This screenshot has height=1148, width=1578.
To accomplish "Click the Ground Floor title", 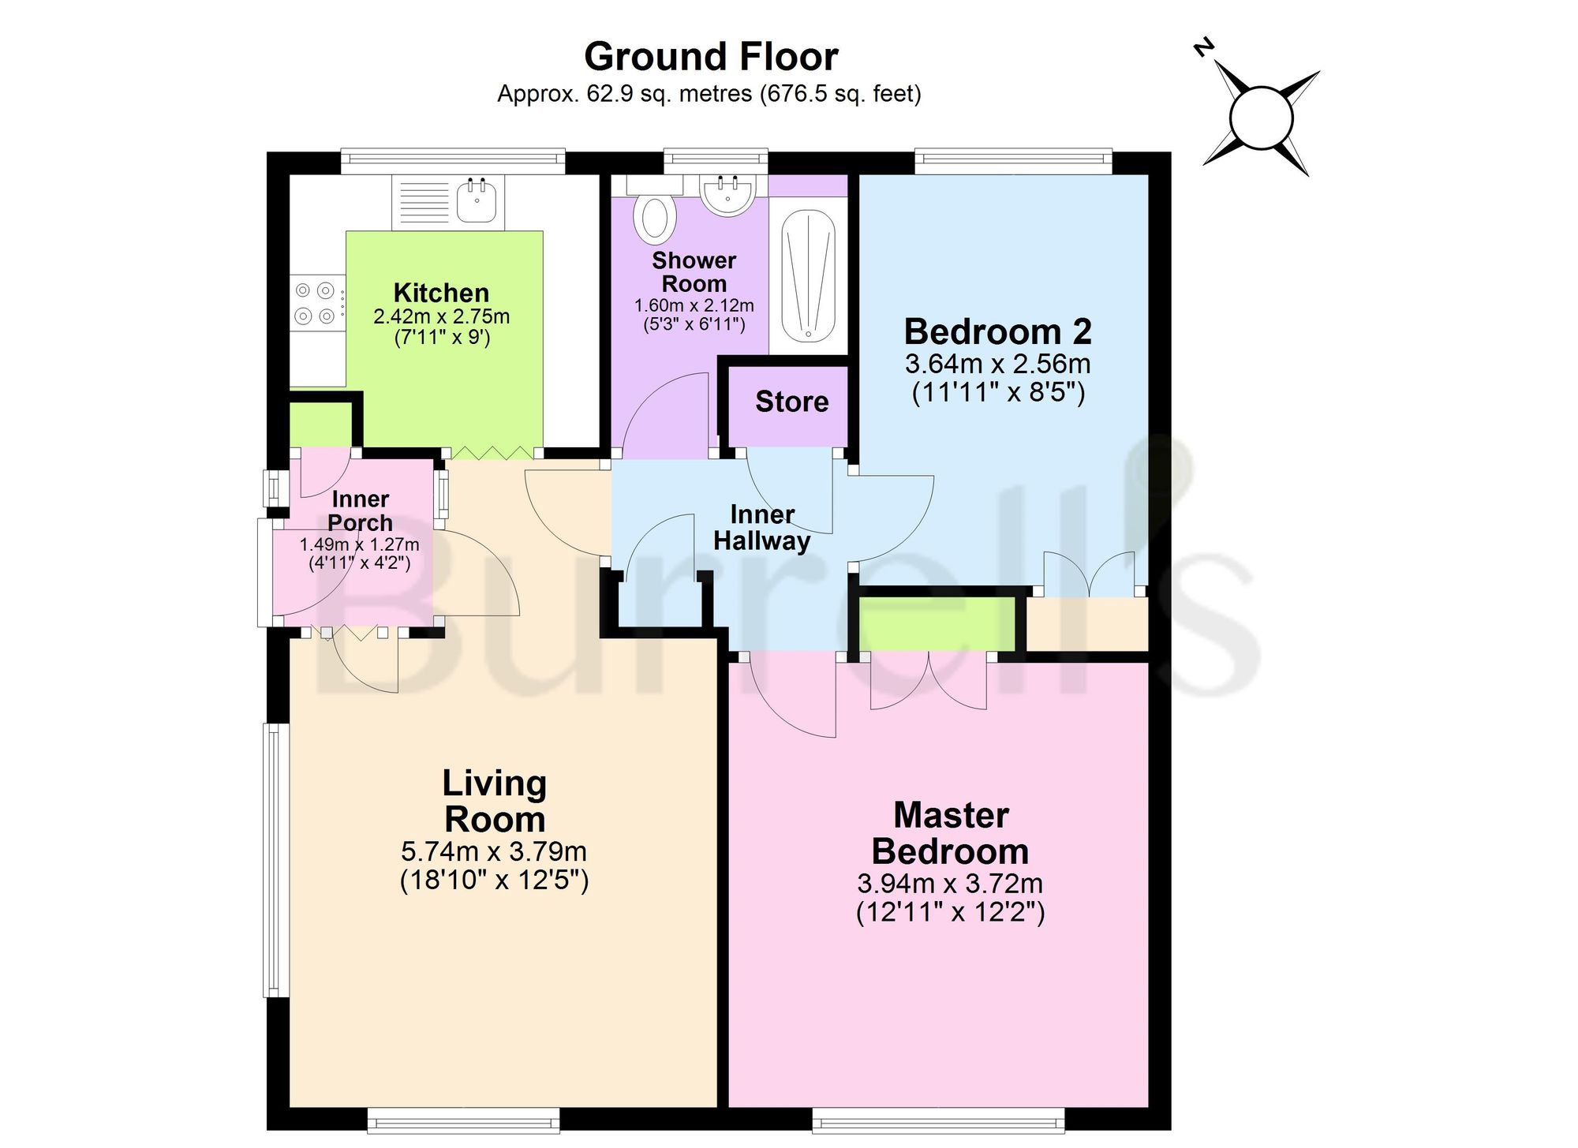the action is [711, 57].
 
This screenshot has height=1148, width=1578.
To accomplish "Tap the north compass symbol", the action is [1261, 118].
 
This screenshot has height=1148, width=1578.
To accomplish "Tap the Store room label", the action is [792, 402].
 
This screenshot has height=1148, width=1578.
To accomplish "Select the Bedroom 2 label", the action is [998, 331].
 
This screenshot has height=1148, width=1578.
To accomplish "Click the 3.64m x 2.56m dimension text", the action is [998, 364].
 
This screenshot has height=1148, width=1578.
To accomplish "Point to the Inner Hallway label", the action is [762, 527].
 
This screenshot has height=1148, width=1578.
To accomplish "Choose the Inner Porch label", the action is [360, 510].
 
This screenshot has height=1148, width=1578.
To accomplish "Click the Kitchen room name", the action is [441, 293].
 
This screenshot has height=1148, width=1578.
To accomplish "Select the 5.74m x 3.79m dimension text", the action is [494, 852].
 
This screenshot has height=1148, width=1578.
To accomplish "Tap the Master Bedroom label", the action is [951, 833].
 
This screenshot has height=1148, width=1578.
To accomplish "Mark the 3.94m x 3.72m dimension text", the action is [951, 884].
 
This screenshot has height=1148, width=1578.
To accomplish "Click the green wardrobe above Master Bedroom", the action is [937, 624].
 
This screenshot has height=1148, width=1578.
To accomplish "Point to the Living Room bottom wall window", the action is [464, 1120].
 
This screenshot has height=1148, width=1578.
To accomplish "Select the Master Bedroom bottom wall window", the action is [938, 1120].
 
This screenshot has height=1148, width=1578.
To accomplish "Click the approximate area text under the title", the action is [709, 94].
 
